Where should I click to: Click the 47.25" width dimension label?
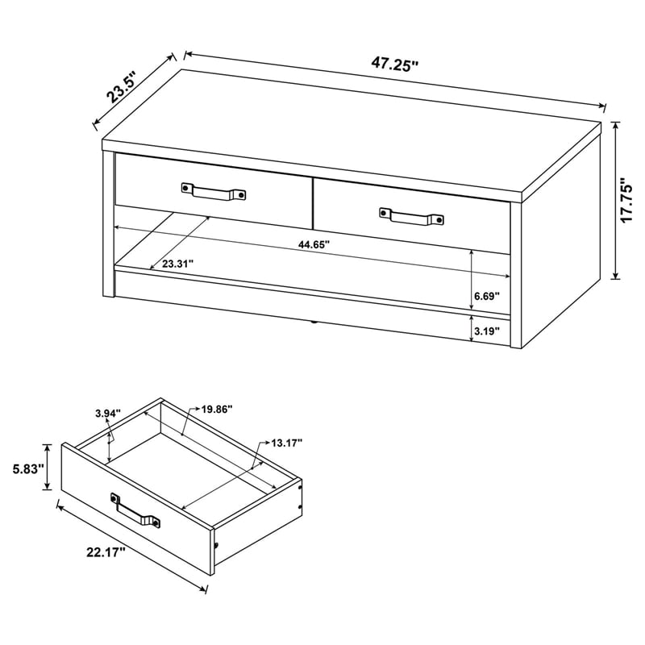click(x=395, y=65)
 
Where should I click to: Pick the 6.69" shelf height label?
click(x=487, y=296)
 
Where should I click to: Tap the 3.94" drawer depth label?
click(x=107, y=414)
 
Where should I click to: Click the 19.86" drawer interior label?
click(x=217, y=410)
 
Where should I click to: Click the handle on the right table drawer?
click(x=411, y=215)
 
